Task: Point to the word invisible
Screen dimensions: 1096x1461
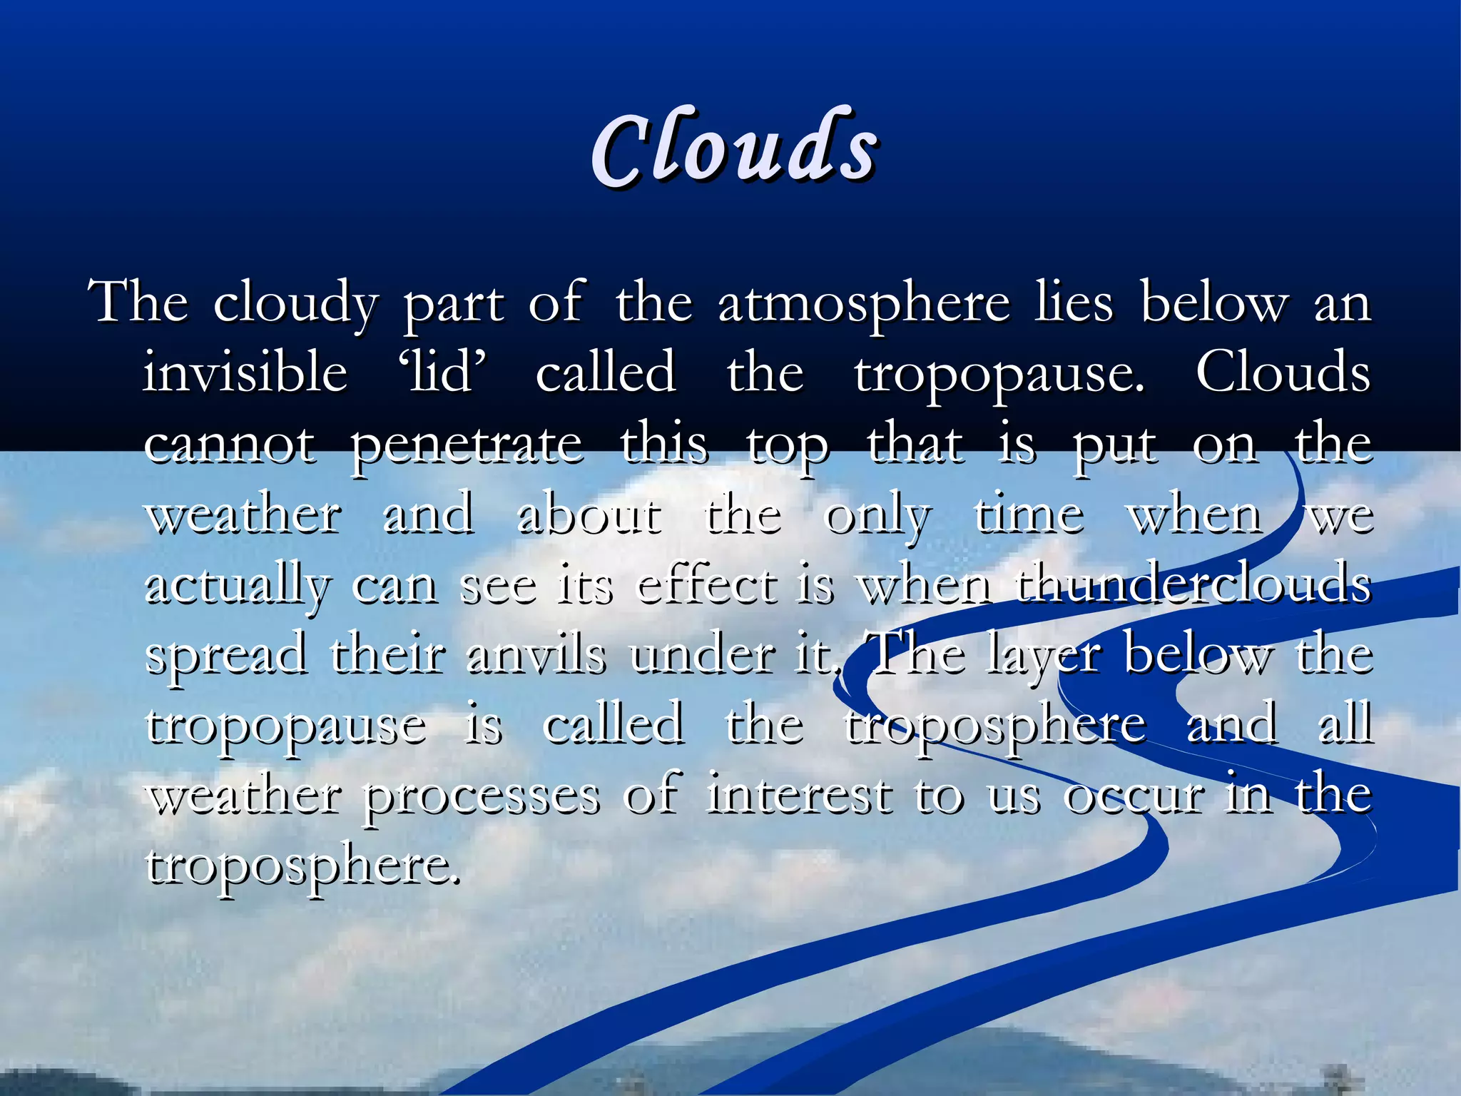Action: [245, 372]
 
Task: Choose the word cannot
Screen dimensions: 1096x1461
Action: [230, 445]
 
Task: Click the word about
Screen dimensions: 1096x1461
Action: [589, 514]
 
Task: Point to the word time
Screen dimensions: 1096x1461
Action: [1029, 514]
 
